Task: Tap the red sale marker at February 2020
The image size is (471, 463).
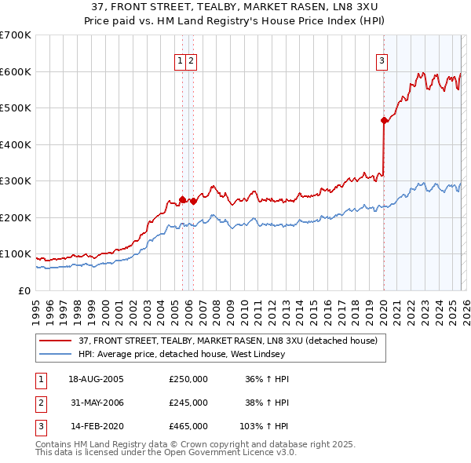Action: (384, 120)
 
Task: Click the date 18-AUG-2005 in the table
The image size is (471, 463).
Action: (96, 379)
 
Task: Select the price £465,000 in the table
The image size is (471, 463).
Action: (188, 426)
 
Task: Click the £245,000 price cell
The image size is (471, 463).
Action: (188, 403)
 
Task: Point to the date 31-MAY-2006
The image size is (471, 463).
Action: (96, 403)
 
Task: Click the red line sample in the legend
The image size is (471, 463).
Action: (56, 341)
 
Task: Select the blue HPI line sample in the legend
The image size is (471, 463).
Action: (56, 354)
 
